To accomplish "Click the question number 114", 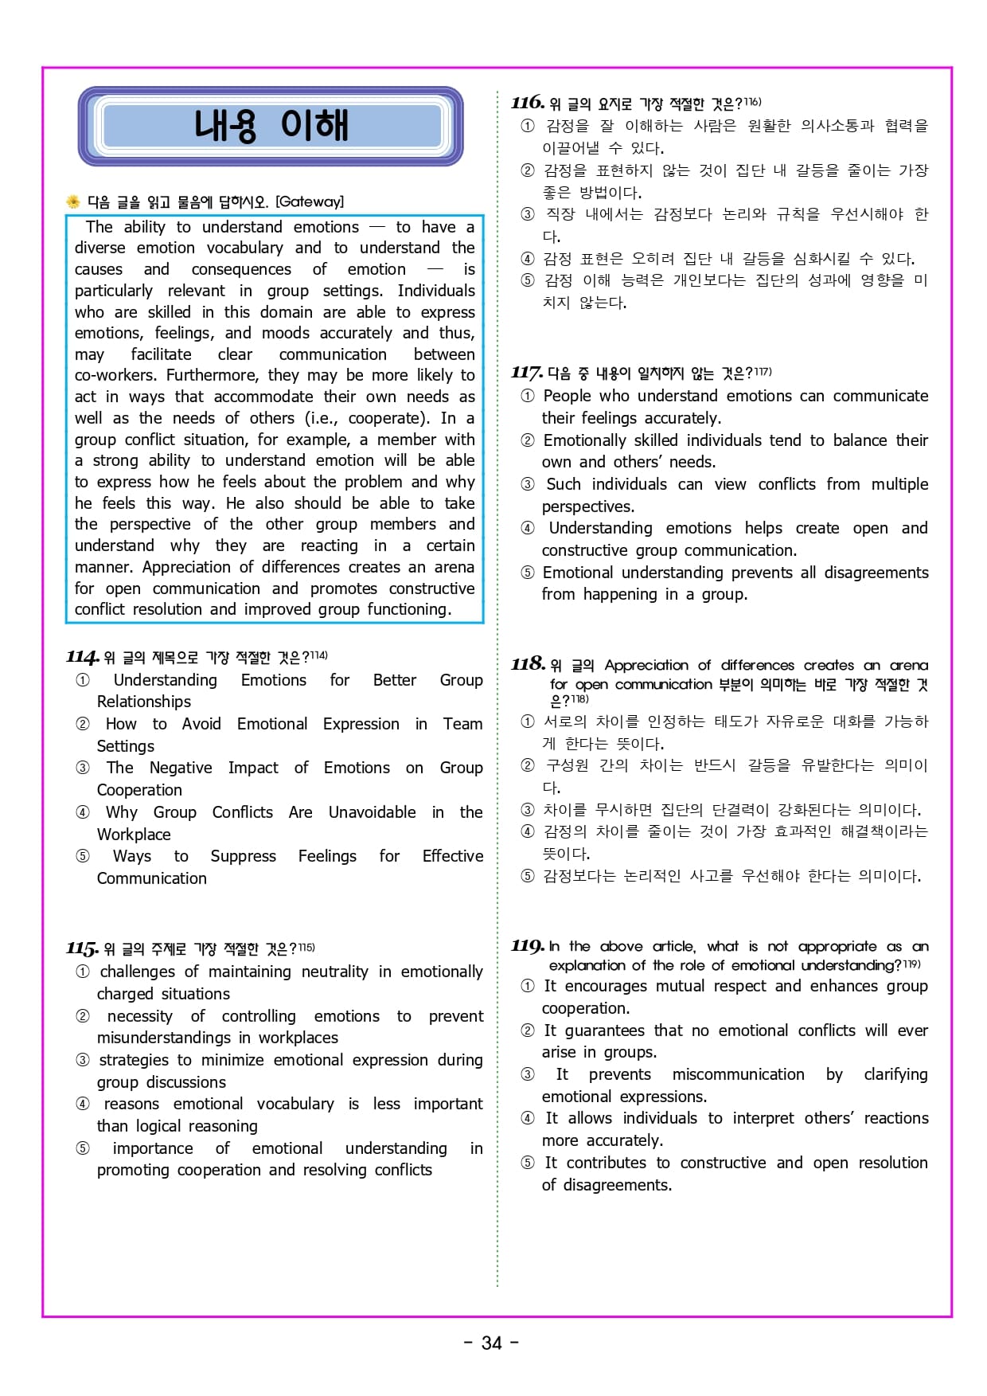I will [x=82, y=657].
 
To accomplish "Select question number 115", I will [x=82, y=948].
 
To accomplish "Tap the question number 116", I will [x=528, y=103].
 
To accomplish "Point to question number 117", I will [x=527, y=373].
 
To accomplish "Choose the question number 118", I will [x=528, y=664].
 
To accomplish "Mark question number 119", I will [x=528, y=946].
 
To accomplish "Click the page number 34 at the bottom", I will [x=492, y=1343].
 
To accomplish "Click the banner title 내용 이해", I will [x=271, y=126].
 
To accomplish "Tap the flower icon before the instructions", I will [x=73, y=201].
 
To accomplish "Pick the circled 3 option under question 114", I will [x=83, y=768].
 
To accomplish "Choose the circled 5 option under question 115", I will [x=83, y=1148].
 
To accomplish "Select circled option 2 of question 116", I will [x=528, y=170].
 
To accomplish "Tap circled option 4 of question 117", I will [x=528, y=528].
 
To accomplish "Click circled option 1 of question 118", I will [x=528, y=721].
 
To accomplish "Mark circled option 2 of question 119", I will [x=528, y=1030].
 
